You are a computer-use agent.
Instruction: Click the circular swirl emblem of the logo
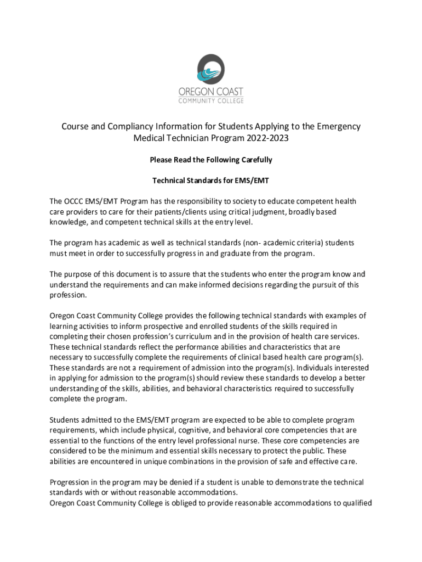(211, 69)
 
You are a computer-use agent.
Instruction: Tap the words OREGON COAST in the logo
(211, 91)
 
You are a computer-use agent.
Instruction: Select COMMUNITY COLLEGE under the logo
(211, 100)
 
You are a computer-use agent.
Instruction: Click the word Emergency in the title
(338, 127)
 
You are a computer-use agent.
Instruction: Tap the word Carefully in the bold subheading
(254, 160)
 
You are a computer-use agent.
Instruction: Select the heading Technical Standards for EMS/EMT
(211, 181)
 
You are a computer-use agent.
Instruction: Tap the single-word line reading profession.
(68, 295)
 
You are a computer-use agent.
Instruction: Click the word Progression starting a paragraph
(71, 482)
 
